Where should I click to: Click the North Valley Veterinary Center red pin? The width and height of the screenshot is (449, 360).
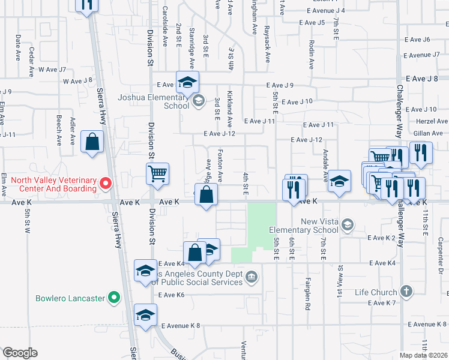click(106, 182)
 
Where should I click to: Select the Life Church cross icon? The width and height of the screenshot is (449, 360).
click(406, 292)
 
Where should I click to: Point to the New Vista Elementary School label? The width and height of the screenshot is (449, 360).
click(304, 226)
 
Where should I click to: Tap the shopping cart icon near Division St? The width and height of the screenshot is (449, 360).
click(157, 174)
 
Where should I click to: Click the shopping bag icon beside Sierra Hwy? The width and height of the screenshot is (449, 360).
click(92, 142)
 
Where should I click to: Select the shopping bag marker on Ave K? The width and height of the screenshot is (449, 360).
click(206, 194)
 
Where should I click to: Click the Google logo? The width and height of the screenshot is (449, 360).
click(20, 353)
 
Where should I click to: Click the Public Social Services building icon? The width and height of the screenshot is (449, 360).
click(252, 277)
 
